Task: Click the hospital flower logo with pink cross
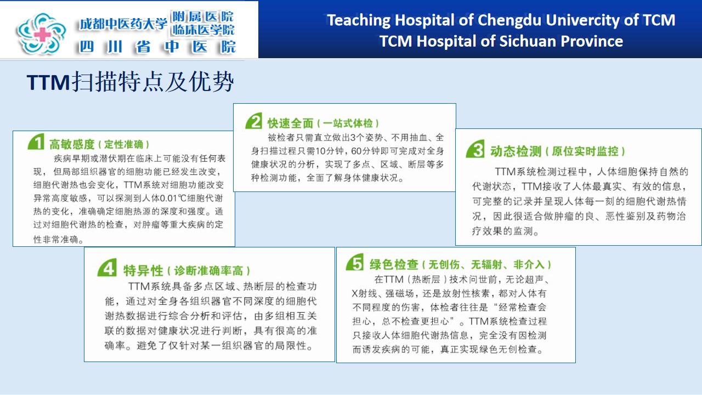(x=41, y=34)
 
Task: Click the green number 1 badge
(x=36, y=142)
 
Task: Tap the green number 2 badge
(x=254, y=121)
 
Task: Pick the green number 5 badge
(x=355, y=262)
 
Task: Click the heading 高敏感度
(x=72, y=144)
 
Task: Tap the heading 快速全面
(x=290, y=123)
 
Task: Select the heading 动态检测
(x=516, y=151)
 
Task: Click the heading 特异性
(x=143, y=270)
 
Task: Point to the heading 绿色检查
(x=394, y=264)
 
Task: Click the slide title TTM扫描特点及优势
(x=131, y=82)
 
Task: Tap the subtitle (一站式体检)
(x=348, y=123)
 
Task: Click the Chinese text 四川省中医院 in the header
(x=157, y=47)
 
